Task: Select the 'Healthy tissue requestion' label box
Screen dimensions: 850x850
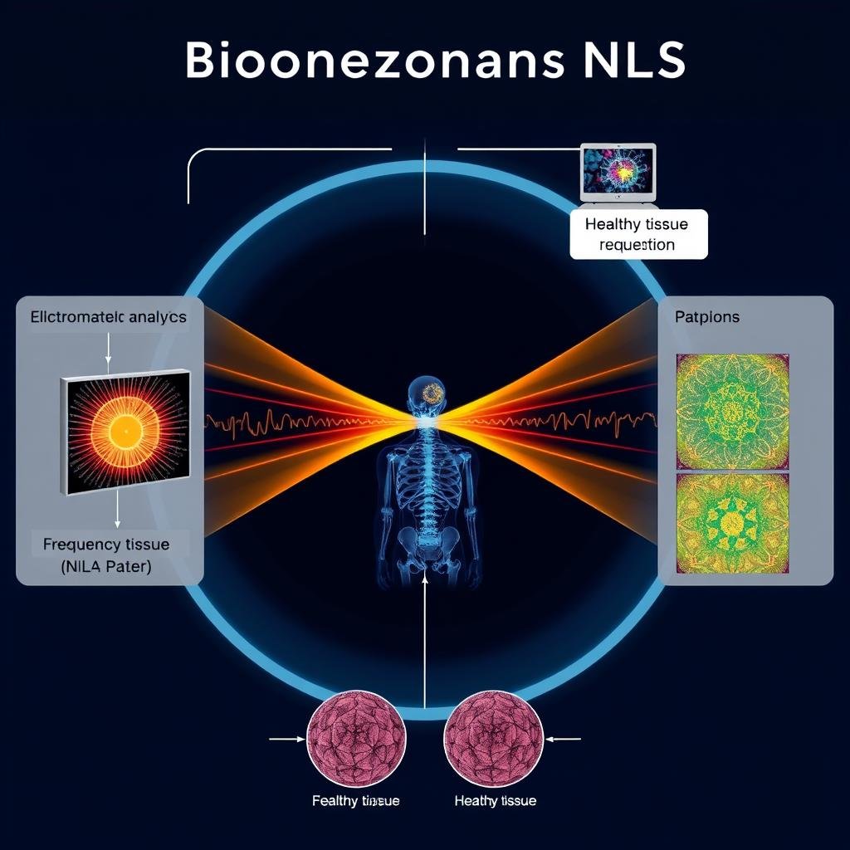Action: coord(638,234)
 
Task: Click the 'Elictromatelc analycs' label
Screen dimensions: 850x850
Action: coord(109,317)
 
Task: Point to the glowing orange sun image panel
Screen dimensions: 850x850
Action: coord(125,431)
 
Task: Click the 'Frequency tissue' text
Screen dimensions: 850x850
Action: coord(106,545)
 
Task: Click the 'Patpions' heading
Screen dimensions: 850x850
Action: coord(707,317)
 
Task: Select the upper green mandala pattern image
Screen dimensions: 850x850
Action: coord(732,410)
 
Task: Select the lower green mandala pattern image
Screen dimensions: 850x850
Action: coord(732,524)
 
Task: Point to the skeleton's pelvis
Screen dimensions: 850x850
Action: coord(427,545)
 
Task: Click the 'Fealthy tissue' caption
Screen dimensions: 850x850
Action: coord(356,801)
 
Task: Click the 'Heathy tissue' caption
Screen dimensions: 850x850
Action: coord(496,801)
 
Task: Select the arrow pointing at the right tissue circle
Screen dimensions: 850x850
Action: coord(564,736)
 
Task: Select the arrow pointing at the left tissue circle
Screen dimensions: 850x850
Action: coord(287,736)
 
